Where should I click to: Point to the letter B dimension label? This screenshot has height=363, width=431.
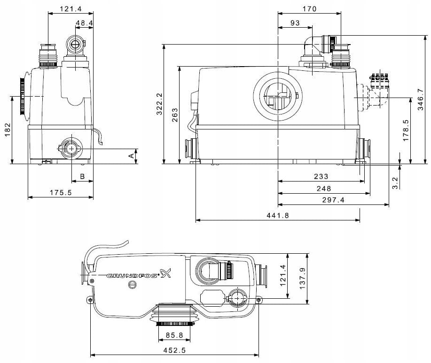(x=82, y=177)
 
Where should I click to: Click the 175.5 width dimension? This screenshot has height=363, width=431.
(x=61, y=192)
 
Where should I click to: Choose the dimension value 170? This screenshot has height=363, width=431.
(x=309, y=8)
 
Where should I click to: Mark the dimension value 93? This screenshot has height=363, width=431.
(x=295, y=23)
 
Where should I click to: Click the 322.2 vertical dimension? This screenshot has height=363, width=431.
(x=159, y=104)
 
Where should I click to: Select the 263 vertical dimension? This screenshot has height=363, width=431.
(x=175, y=115)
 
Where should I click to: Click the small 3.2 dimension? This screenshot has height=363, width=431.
(x=395, y=182)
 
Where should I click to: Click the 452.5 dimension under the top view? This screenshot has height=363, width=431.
(x=174, y=349)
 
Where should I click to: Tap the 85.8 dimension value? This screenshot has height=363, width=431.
(x=174, y=335)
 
